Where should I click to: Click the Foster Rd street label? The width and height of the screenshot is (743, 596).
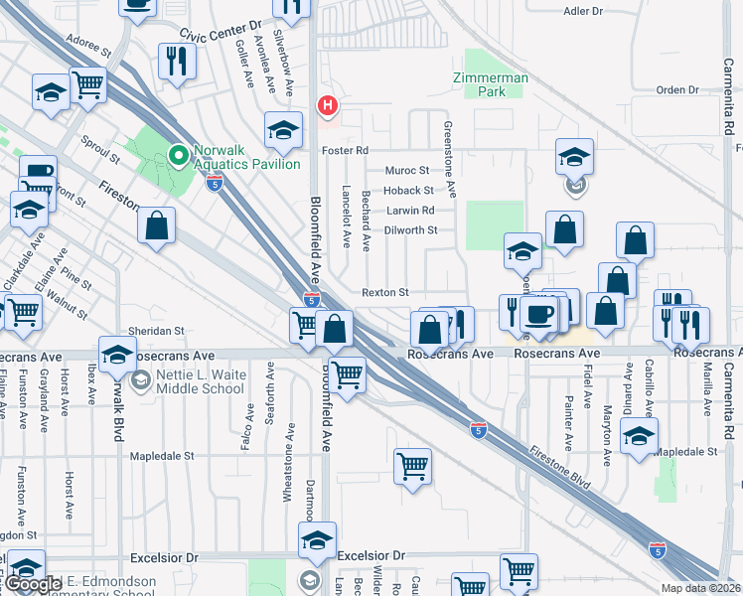point(345,150)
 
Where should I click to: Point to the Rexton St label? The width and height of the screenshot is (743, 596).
point(385,292)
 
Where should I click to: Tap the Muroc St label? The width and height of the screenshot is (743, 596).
point(406,171)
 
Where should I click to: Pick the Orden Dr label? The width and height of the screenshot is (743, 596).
point(677,89)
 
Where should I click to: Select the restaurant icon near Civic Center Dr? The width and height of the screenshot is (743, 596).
point(180,62)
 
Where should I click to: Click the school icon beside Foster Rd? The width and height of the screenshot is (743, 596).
point(283,129)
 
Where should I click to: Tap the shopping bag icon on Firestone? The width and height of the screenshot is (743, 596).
point(157,224)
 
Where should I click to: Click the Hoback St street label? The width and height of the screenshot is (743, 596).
point(408,191)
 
